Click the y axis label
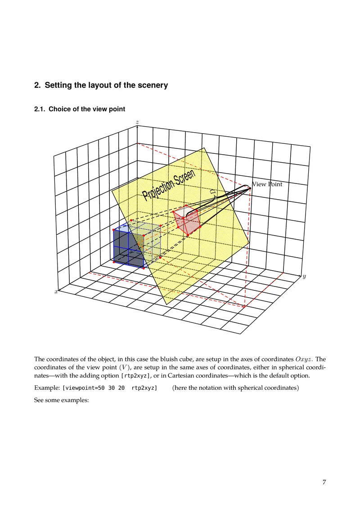tap(304, 277)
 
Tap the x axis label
tap(56, 292)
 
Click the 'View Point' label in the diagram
tap(267, 184)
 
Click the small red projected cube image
tap(187, 220)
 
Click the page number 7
tap(324, 482)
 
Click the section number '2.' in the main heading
tap(37, 85)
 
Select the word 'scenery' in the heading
tap(153, 85)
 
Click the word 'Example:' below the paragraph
tap(47, 388)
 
